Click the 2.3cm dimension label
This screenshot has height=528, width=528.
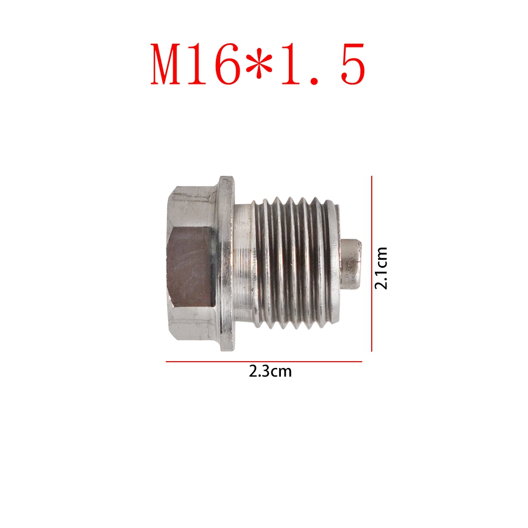(270, 371)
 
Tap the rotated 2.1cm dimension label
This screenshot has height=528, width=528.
(381, 268)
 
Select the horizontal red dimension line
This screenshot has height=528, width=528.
(264, 362)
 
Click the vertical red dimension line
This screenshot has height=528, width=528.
(372, 264)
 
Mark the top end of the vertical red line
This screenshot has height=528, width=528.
(372, 177)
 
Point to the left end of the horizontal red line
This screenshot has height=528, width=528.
(167, 362)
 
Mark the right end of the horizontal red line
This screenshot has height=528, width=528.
(362, 362)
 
